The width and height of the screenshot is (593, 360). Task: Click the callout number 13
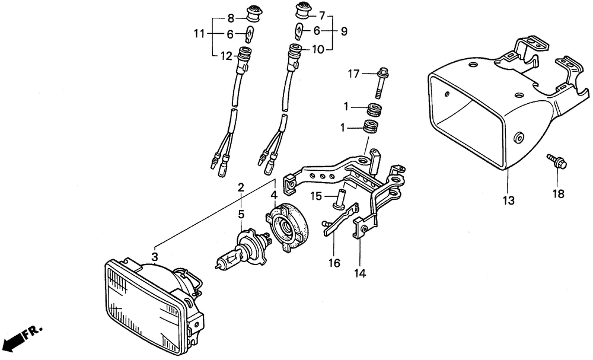tap(509, 200)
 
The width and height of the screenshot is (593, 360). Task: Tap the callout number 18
tap(558, 193)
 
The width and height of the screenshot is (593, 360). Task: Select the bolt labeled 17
tap(381, 82)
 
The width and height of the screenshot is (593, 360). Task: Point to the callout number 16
tap(334, 262)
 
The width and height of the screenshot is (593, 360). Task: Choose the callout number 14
tap(361, 273)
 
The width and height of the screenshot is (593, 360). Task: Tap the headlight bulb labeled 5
tap(243, 248)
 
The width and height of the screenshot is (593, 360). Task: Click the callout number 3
tap(154, 257)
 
